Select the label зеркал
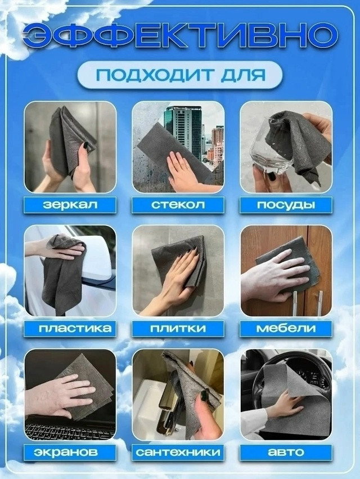click(70, 204)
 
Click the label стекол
click(178, 204)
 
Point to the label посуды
click(286, 204)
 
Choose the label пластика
click(70, 328)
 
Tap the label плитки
click(178, 328)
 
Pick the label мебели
click(286, 328)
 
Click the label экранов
click(70, 451)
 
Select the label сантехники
click(178, 451)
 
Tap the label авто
click(286, 451)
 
